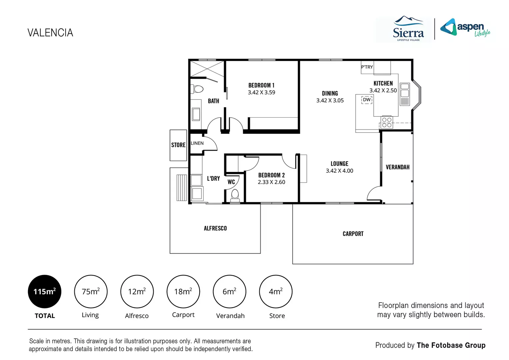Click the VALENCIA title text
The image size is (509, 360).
point(50,33)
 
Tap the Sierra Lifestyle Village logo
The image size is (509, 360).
point(408,30)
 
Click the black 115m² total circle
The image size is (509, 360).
point(45,292)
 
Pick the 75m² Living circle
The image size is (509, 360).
point(91,292)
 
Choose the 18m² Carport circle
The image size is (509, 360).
point(183,292)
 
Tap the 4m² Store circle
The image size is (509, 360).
point(276,292)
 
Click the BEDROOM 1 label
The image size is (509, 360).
point(261,85)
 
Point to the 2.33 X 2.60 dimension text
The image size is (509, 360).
point(271,182)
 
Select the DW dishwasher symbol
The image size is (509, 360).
point(367,100)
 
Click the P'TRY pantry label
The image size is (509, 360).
point(367,67)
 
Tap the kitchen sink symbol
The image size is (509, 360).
point(404,94)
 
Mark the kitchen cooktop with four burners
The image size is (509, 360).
point(387,122)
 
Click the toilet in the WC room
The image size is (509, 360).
point(235,195)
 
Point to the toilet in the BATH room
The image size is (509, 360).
point(198,89)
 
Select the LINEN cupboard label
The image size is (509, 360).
point(197,143)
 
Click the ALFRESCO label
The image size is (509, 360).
point(215,228)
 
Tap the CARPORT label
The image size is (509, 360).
point(353,234)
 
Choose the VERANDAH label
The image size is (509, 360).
point(397,167)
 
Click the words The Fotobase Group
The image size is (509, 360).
point(451,345)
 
